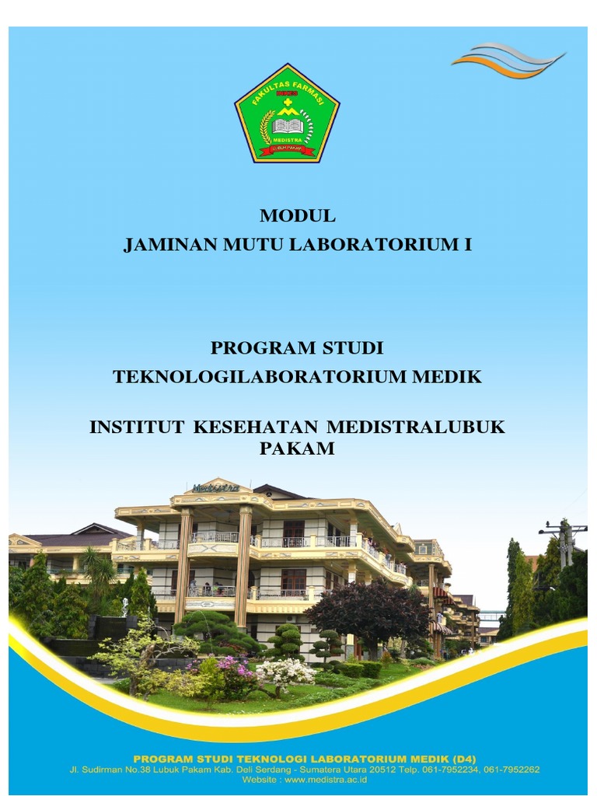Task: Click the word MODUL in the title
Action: (x=298, y=215)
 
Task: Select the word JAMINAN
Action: (x=161, y=245)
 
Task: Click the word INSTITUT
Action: (x=137, y=427)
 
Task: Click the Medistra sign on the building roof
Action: (x=215, y=487)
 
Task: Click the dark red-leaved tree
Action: (x=365, y=610)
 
